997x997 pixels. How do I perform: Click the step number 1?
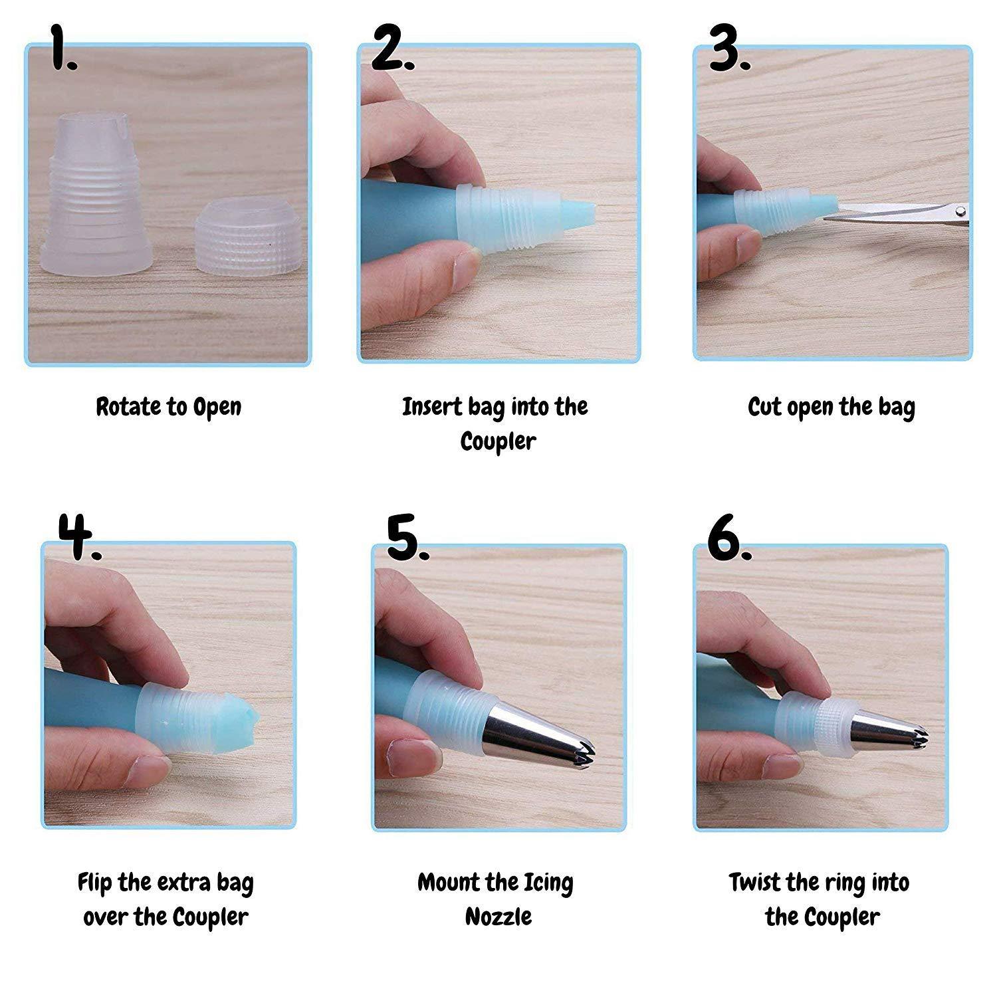[x=64, y=47]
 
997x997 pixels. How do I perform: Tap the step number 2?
[x=393, y=47]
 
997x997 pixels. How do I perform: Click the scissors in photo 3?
[x=896, y=213]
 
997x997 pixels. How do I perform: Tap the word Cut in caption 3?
[x=765, y=406]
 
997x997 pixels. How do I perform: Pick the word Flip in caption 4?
[x=95, y=883]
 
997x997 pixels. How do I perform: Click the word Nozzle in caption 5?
[x=498, y=917]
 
